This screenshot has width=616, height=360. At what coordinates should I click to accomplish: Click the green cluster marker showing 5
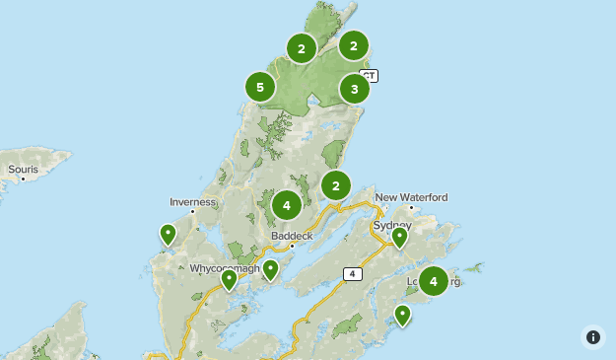coord(260,88)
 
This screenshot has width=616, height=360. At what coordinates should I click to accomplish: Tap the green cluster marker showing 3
coord(355,89)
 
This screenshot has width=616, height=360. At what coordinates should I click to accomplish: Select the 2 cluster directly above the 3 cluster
coord(354,45)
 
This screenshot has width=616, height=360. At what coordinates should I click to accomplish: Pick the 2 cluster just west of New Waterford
coord(336,185)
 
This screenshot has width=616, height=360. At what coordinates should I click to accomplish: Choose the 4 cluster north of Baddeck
coord(287,205)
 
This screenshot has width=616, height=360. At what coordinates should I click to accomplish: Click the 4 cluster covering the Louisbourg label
coord(434,281)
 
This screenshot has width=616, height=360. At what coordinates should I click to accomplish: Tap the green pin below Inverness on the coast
coord(169,234)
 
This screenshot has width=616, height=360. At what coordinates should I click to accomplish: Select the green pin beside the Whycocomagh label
coord(230,279)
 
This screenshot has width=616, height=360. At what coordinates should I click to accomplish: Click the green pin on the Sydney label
coord(399,236)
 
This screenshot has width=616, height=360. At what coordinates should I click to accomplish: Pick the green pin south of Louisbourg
coord(402,314)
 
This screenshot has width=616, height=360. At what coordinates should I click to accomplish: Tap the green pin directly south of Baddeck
coord(270,269)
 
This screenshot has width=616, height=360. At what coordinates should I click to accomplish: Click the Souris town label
coord(23,170)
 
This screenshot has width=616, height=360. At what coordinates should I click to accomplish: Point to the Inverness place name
coord(192,202)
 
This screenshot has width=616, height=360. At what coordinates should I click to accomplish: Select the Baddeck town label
coord(291,236)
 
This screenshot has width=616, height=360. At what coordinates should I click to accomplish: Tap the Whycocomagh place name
coord(225,267)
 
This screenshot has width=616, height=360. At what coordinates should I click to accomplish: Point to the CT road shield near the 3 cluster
coord(369,75)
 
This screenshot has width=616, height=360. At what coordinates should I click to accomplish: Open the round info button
coord(593,337)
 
